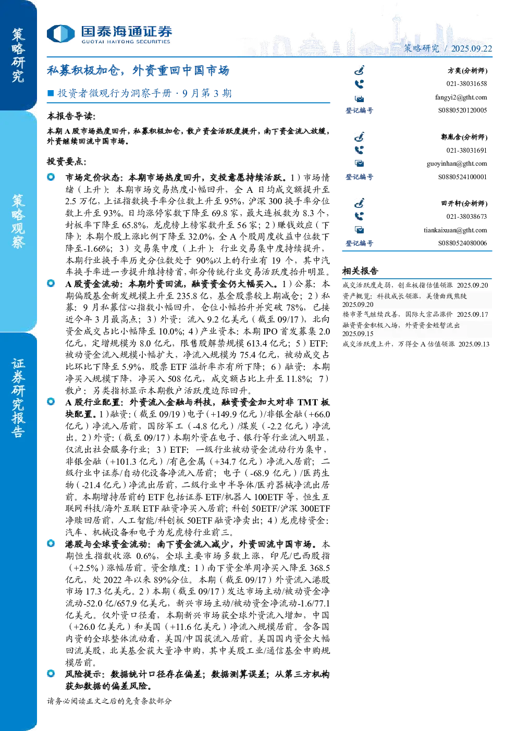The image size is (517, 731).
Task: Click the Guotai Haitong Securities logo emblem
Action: click(60, 34)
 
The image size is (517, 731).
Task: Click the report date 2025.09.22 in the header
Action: click(471, 48)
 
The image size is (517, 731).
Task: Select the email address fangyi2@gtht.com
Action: click(461, 97)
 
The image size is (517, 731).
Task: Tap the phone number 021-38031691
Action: click(466, 150)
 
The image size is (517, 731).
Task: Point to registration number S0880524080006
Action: click(462, 243)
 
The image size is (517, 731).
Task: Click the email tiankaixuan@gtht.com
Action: click(456, 230)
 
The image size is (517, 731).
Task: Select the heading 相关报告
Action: click(360, 270)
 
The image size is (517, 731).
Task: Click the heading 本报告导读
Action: click(71, 116)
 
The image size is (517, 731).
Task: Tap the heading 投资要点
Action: click(67, 161)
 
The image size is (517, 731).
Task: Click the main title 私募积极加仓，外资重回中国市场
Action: click(138, 70)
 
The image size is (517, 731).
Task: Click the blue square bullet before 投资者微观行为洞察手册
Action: click(51, 93)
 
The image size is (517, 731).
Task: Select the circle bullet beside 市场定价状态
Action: click(51, 177)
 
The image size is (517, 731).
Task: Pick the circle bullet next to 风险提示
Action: click(51, 673)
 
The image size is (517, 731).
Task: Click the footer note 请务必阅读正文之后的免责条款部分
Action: click(109, 701)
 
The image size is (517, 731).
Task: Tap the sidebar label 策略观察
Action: click(18, 221)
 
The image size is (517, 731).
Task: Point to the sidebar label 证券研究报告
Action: click(18, 398)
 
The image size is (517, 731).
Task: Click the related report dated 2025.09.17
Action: click(415, 314)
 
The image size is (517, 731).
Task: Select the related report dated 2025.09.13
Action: click(416, 344)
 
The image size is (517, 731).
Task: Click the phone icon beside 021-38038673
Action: click(359, 216)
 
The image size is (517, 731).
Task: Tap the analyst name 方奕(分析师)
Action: click(467, 70)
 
